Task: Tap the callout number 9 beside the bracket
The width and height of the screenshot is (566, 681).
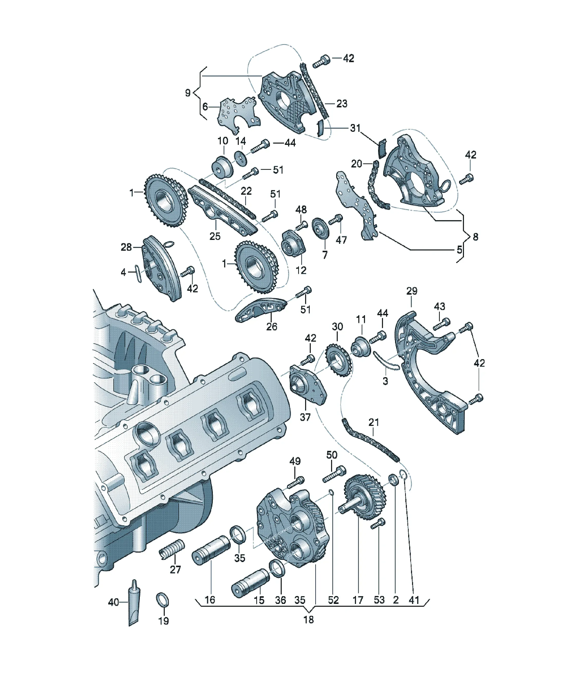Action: (188, 93)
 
